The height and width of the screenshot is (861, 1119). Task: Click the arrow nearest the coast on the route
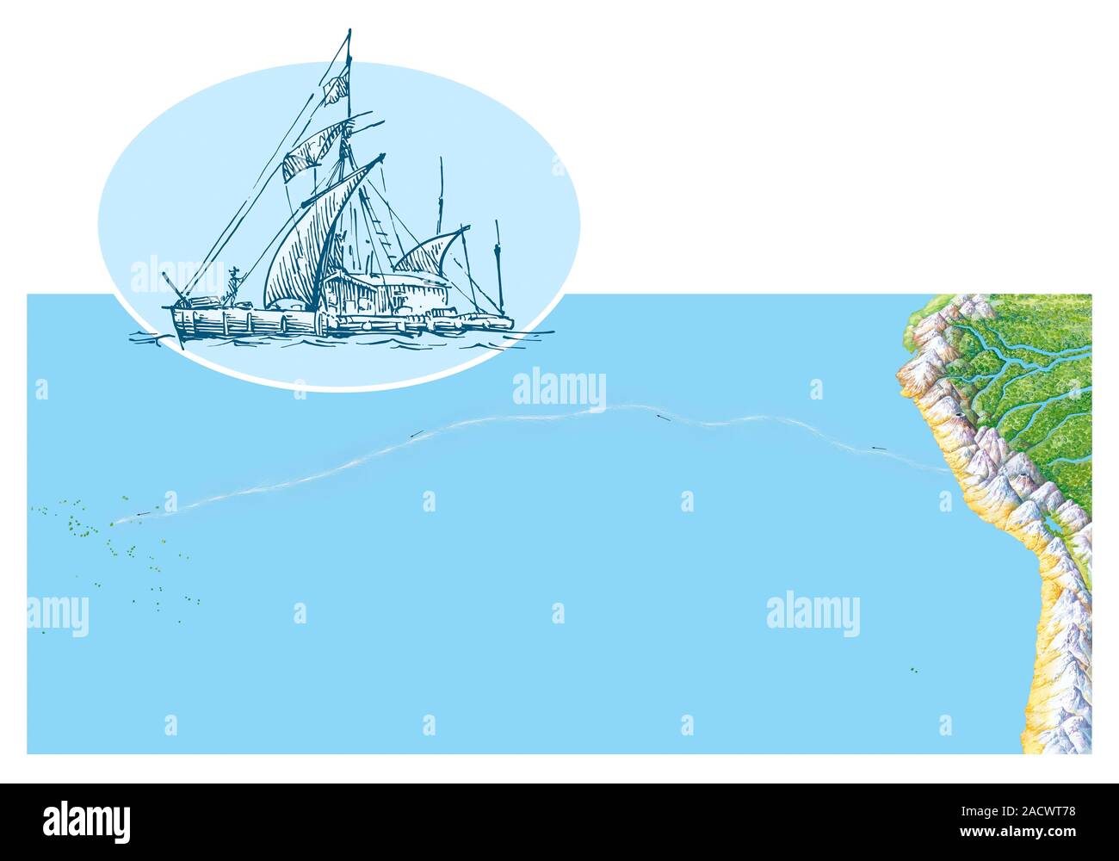tap(878, 448)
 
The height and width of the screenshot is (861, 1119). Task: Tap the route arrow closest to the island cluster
tap(142, 515)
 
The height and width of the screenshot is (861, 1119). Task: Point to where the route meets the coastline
tap(946, 470)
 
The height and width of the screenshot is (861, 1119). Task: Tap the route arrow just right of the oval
tap(661, 418)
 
